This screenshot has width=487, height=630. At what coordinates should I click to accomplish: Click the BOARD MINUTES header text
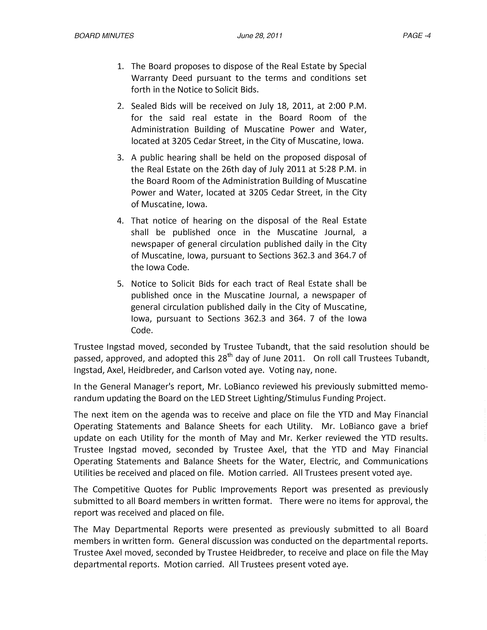[x=104, y=36]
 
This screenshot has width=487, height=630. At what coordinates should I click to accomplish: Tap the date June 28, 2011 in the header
[x=259, y=36]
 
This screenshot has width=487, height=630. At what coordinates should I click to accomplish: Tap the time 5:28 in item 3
[x=329, y=169]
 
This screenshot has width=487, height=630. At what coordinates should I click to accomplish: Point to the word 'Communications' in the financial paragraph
[x=395, y=462]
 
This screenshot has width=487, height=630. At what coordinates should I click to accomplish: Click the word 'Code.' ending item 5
[x=142, y=330]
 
